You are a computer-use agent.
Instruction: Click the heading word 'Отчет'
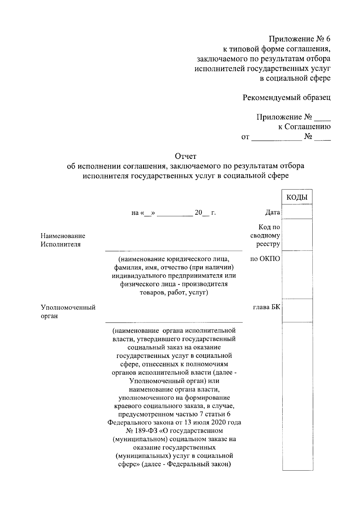pos(186,156)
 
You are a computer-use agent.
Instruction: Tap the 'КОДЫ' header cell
pos(297,197)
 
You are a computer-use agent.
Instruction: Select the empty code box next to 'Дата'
pos(297,212)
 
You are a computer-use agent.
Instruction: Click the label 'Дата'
pos(272,213)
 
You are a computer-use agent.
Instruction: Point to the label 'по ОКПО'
pos(265,258)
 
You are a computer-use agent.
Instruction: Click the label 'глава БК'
pos(267,307)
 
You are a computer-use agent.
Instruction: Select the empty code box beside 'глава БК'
pos(297,311)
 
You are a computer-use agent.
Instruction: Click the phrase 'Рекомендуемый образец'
pos(286,97)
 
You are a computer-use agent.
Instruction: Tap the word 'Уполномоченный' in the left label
pos(68,308)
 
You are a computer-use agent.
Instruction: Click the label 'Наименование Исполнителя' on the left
pos(63,240)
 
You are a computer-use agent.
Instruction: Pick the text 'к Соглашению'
pos(304,127)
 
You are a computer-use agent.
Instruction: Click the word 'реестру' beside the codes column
pos(268,244)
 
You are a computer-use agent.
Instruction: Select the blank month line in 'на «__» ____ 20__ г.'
pos(175,213)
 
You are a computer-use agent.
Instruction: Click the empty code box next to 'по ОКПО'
pos(297,275)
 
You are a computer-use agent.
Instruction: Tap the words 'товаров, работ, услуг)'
pos(174,293)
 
